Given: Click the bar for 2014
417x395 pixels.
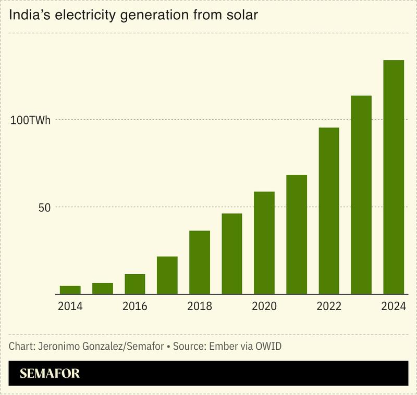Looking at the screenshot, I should pyautogui.click(x=70, y=290).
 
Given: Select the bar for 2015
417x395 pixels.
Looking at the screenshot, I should pyautogui.click(x=103, y=289).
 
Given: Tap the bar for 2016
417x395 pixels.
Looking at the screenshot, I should pyautogui.click(x=135, y=284).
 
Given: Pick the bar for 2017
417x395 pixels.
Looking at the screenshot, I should pyautogui.click(x=167, y=275).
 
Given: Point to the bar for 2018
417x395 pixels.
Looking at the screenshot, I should pyautogui.click(x=200, y=262).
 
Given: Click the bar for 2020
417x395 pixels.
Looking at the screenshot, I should pyautogui.click(x=264, y=243).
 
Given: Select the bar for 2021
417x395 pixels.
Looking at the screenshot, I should pyautogui.click(x=297, y=235).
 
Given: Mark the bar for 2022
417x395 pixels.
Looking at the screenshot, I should pyautogui.click(x=329, y=211).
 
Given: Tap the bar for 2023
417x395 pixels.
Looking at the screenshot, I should pyautogui.click(x=361, y=195).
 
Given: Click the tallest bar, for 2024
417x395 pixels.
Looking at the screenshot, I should pyautogui.click(x=394, y=177).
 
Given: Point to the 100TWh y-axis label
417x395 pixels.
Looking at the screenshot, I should pyautogui.click(x=31, y=120).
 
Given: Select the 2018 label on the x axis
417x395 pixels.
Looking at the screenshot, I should pyautogui.click(x=200, y=307).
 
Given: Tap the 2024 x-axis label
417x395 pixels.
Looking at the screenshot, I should pyautogui.click(x=394, y=307).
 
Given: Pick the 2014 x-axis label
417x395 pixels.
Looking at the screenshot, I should pyautogui.click(x=70, y=307).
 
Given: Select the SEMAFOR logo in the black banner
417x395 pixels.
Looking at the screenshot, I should pyautogui.click(x=50, y=374).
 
